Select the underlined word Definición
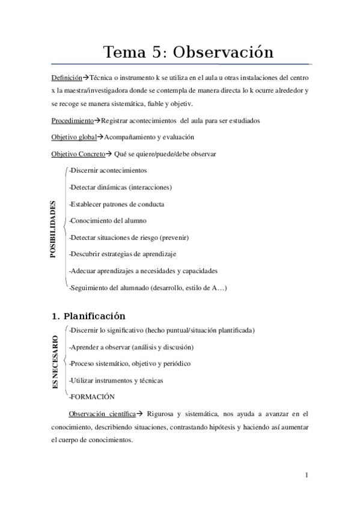point(66,79)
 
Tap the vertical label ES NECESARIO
point(55,363)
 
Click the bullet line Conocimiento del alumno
point(108,221)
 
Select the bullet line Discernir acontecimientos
point(108,170)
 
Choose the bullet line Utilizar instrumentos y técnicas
point(116,380)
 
